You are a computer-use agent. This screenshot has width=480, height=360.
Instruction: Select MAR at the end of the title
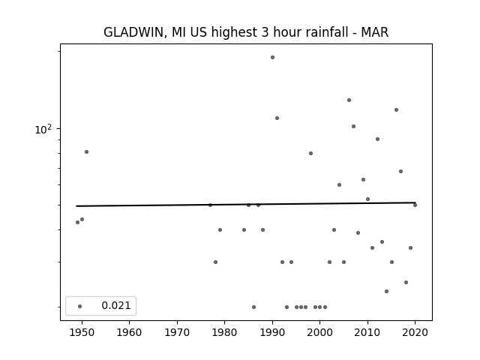pos(375,31)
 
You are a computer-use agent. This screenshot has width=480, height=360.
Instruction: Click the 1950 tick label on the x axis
pos(82,332)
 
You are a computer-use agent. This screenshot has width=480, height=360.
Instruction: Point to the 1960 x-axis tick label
pos(129,332)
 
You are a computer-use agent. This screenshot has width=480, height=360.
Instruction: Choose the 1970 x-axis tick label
pos(177,332)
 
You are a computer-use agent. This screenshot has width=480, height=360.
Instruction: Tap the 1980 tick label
pos(225,332)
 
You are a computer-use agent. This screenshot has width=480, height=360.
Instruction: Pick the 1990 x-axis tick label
pos(272,332)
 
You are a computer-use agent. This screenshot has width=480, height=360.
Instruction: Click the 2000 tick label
pos(320,332)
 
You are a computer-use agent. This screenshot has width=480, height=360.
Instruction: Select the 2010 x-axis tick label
pos(367,332)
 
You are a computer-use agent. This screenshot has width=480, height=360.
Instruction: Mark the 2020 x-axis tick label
pos(415,332)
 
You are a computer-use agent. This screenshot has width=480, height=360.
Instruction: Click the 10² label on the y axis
pos(43,129)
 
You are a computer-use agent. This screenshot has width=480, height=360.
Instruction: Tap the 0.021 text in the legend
pos(116,305)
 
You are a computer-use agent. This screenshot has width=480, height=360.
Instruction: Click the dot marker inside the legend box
pos(80,306)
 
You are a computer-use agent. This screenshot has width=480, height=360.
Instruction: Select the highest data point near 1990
pos(272,57)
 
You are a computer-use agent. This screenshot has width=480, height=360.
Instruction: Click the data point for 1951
pos(87,151)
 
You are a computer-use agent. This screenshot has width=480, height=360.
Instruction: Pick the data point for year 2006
pos(349,100)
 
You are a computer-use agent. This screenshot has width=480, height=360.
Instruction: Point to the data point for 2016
pos(397,110)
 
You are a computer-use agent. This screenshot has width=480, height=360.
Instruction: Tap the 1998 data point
pos(310,153)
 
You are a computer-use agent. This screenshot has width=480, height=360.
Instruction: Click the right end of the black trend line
pos(415,202)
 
